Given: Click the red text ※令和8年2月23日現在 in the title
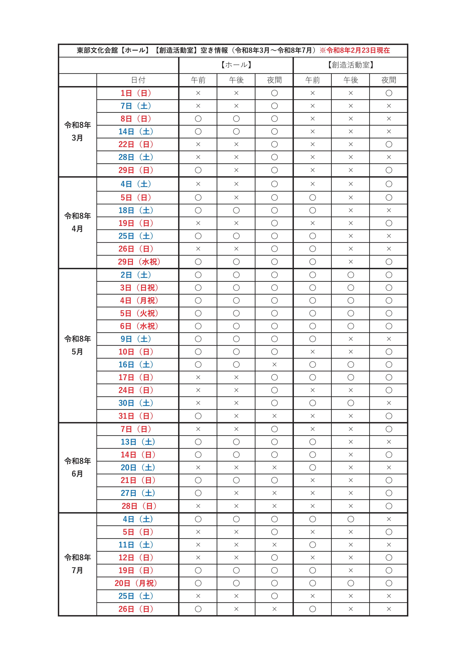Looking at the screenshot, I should [x=355, y=50].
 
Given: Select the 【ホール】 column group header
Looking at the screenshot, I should [x=236, y=65].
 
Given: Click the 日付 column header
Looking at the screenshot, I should [x=138, y=80].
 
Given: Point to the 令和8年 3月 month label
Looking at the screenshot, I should [x=77, y=131].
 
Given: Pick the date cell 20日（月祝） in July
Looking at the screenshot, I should [x=136, y=583].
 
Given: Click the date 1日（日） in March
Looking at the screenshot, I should [x=136, y=93].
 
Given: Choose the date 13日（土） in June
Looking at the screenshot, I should [x=138, y=442].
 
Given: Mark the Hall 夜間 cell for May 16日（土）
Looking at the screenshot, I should [x=274, y=365].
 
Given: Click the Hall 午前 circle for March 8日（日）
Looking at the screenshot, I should [x=198, y=119].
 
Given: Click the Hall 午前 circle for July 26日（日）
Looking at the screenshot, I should [x=198, y=609].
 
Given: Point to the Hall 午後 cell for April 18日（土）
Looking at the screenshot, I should [x=236, y=210].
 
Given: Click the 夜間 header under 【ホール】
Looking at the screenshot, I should [x=274, y=80].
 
